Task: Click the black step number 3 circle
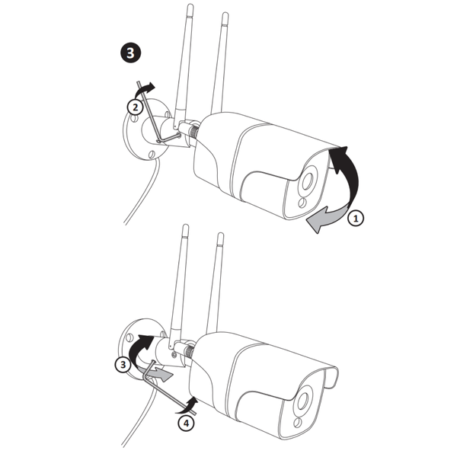tap(130, 53)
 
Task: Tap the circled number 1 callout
tap(356, 218)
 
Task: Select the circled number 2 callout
tap(136, 107)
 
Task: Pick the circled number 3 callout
tap(123, 364)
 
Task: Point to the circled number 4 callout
tap(186, 423)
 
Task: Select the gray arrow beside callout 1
tap(327, 219)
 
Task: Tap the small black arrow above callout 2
tap(144, 90)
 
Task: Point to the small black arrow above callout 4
tap(188, 406)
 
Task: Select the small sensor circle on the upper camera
tap(302, 203)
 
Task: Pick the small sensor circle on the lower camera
tap(298, 423)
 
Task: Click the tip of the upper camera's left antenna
tap(190, 5)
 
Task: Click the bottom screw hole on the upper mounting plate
tap(152, 154)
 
